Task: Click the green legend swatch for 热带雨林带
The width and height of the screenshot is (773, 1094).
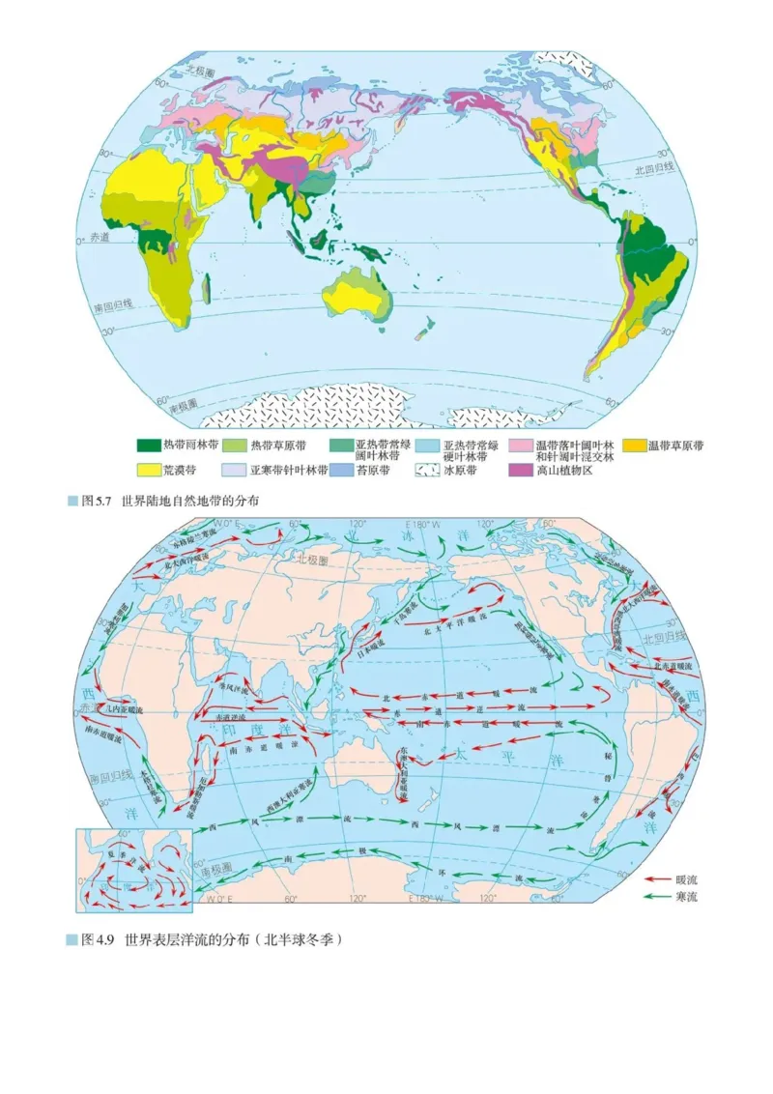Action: (149, 446)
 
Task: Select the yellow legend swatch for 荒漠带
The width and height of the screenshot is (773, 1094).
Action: (149, 470)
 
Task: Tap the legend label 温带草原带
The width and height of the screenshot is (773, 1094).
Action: (675, 446)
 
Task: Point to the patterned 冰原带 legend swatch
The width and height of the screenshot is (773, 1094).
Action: (426, 470)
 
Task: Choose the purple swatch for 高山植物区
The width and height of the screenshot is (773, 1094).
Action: (521, 470)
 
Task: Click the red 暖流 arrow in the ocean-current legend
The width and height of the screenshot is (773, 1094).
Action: (658, 879)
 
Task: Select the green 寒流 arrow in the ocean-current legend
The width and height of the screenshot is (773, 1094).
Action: (658, 897)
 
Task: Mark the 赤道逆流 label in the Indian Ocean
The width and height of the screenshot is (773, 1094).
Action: (230, 717)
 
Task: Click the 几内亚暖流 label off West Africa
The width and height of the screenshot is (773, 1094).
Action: (126, 710)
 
